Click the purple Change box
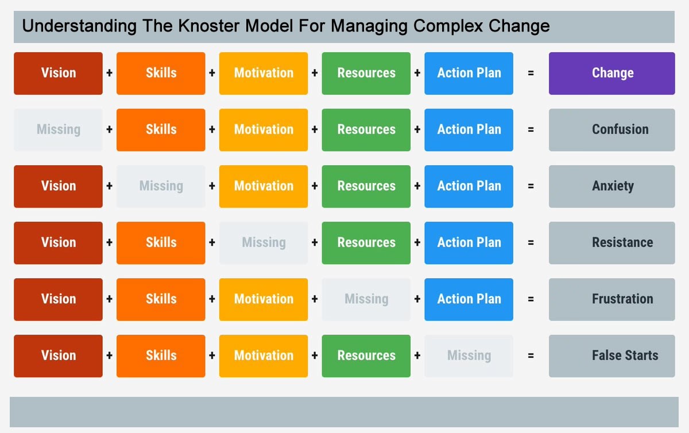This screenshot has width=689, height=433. coord(611,73)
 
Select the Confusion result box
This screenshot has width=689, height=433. coord(611,130)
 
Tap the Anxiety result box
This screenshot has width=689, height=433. coord(611,186)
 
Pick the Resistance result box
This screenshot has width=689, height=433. coord(611,243)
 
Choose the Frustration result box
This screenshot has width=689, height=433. coord(611,299)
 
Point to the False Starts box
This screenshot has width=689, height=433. coord(611,356)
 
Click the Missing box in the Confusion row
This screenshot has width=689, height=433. coord(58,130)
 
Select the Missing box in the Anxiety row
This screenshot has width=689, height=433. coord(161,186)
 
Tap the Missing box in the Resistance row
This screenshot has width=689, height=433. coord(264,243)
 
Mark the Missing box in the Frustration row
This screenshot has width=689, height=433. coord(366,299)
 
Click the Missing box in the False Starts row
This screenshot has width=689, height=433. coord(469,356)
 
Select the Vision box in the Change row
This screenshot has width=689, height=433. coord(58,73)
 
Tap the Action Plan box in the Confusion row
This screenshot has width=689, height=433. coord(469,130)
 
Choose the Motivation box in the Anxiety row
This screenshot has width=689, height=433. coord(264,186)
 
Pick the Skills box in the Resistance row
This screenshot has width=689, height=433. coord(161,243)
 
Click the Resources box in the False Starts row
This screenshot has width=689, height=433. coord(366,356)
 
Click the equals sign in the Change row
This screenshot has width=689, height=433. coord(531,73)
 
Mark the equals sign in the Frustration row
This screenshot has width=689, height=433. coord(531,299)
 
